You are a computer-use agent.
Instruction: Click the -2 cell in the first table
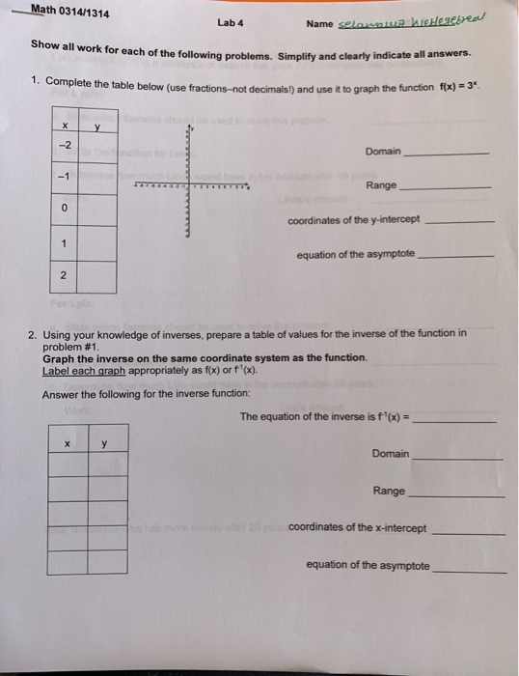click(x=64, y=146)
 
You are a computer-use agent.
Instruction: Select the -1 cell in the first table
click(x=64, y=178)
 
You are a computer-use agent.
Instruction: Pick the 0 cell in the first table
click(x=64, y=208)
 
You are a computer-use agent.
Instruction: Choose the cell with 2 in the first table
click(x=64, y=276)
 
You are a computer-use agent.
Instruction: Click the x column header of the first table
click(x=65, y=125)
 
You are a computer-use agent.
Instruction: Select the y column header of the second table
click(x=104, y=445)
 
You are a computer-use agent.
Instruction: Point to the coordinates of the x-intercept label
click(x=356, y=528)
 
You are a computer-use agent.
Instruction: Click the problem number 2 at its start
click(x=33, y=333)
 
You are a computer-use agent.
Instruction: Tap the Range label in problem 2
click(x=389, y=491)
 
